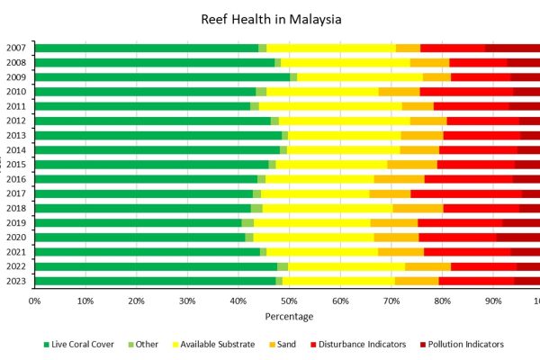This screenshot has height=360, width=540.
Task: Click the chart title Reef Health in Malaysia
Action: (x=269, y=19)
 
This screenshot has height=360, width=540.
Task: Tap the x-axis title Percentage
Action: (x=289, y=317)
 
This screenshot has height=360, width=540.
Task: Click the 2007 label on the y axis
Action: (x=15, y=48)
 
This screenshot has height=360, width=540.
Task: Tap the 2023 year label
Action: (x=15, y=281)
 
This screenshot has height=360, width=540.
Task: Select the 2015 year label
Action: (x=15, y=165)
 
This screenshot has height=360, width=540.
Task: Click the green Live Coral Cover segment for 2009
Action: (x=162, y=77)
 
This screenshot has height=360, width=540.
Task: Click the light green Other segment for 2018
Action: (x=256, y=208)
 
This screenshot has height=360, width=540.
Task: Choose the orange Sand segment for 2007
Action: (x=408, y=48)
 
